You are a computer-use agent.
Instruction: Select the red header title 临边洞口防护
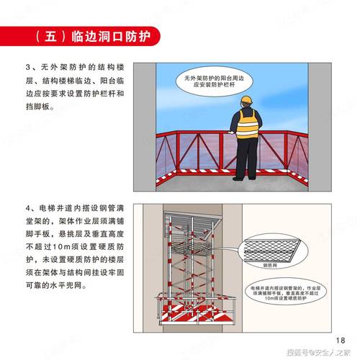point(112,36)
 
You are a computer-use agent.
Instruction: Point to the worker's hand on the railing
point(230,132)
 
